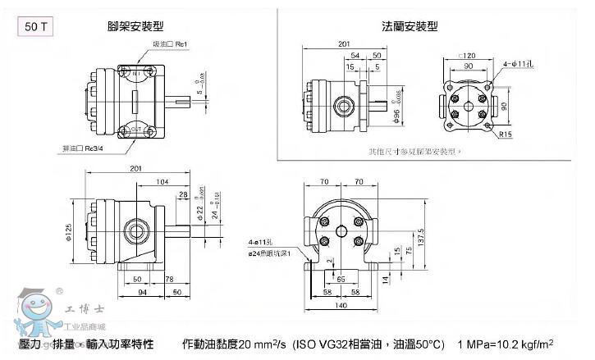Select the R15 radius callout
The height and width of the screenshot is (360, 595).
tap(505, 134)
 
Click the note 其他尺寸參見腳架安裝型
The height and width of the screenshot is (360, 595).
tap(415, 151)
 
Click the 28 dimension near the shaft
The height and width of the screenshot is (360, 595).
tap(182, 194)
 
